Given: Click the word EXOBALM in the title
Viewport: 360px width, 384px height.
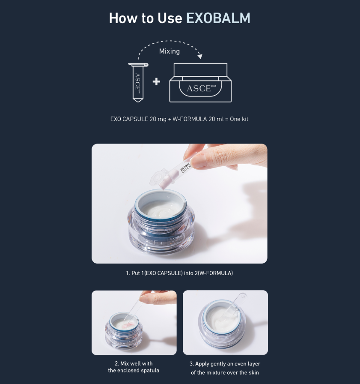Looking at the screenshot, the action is (x=218, y=18).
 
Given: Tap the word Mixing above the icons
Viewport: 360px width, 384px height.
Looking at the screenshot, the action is (x=169, y=51).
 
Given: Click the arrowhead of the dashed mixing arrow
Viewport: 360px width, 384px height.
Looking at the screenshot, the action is (x=200, y=56).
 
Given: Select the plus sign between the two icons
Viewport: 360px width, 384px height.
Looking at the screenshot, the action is (x=156, y=81).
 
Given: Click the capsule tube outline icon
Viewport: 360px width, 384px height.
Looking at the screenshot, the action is (x=138, y=83).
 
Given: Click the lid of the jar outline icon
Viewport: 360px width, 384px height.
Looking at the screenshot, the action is (x=200, y=69).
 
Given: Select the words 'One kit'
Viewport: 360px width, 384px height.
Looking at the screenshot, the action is (x=239, y=119).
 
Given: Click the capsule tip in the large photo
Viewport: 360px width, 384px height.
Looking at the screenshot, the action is (x=164, y=187).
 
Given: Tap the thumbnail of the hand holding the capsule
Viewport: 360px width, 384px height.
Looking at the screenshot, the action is (x=179, y=204).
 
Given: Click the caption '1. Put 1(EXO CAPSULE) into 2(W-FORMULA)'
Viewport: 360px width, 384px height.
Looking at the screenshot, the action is (x=179, y=273).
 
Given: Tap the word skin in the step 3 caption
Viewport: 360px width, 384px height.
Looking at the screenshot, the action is (x=253, y=372).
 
